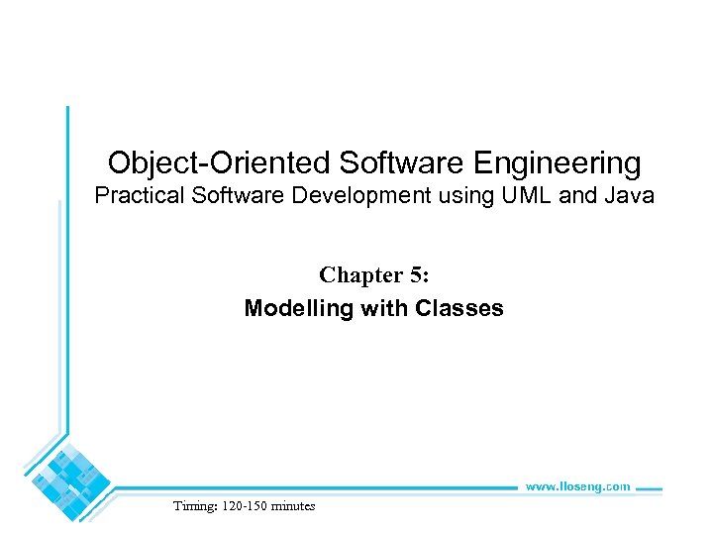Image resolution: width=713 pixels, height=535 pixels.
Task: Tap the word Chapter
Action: (x=359, y=273)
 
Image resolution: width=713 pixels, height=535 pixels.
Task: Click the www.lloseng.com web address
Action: (x=576, y=486)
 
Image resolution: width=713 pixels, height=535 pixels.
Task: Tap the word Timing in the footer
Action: (x=192, y=506)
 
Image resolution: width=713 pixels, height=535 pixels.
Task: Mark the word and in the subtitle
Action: (x=573, y=196)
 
